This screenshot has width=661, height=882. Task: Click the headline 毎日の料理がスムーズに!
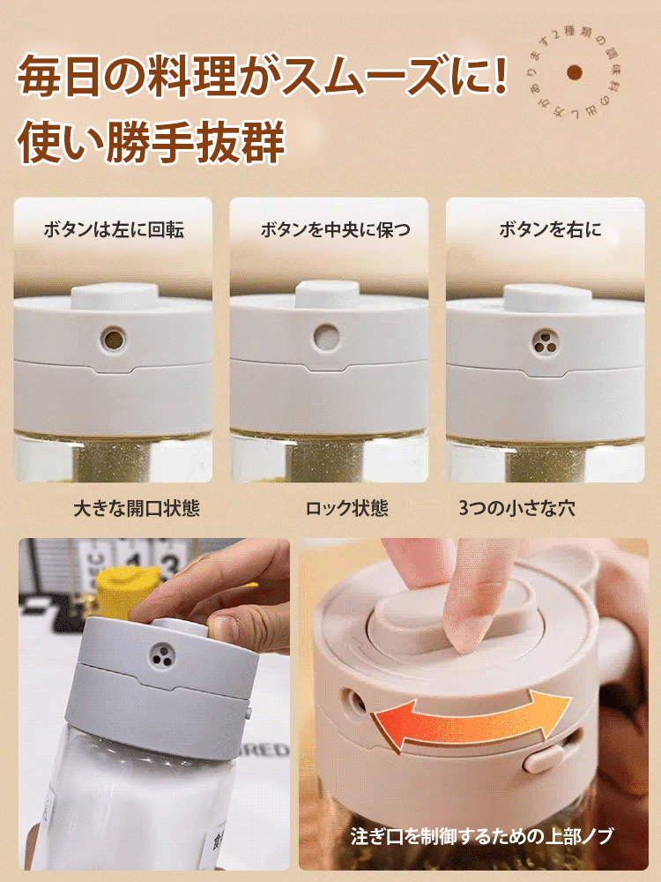click(x=263, y=77)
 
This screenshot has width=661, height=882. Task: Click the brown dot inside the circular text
click(x=575, y=73)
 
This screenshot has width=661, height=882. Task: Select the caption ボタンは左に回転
click(x=114, y=230)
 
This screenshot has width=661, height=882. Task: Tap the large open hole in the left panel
click(x=114, y=338)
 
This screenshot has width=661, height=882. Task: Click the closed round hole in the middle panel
click(x=326, y=337)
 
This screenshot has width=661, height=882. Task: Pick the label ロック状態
click(x=346, y=509)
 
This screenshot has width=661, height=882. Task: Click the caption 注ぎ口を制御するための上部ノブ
click(x=481, y=835)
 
